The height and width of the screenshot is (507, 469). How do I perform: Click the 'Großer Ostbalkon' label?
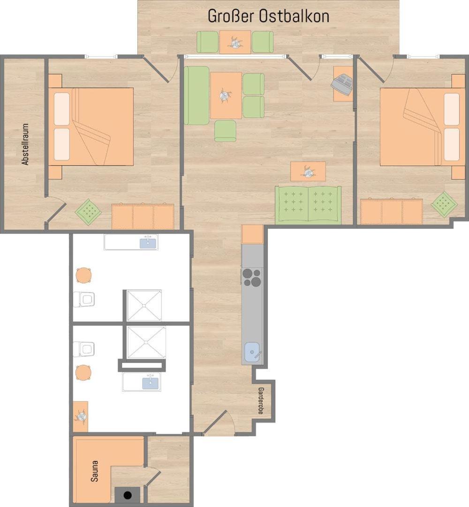268,16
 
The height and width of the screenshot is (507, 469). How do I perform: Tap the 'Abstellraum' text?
25,144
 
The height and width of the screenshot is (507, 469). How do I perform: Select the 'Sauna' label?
94,471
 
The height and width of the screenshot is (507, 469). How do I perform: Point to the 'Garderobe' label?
261,401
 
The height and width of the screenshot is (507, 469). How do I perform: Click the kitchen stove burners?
252,277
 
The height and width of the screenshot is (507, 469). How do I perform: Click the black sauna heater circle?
128,495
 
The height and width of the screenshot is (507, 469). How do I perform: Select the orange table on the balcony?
235,42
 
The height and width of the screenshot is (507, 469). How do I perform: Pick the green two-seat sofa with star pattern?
308,205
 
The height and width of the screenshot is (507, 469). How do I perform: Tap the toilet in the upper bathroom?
83,300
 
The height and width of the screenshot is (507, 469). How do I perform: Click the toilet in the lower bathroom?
83,349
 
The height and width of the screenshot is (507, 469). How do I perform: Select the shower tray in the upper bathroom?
144,306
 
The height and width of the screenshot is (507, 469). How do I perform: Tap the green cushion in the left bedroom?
88,212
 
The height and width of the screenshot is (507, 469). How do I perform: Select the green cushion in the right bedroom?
445,204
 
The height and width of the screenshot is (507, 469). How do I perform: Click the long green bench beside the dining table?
197,96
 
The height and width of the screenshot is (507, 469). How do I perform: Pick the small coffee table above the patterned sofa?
308,171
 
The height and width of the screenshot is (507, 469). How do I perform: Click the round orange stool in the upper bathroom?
83,276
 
